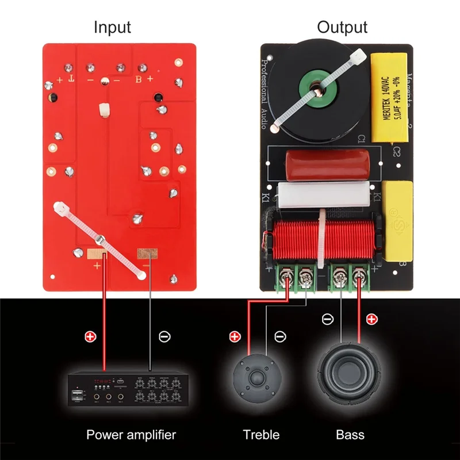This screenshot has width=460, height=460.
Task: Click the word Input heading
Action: pos(112,26)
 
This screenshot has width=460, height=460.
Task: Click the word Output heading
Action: pos(342,26)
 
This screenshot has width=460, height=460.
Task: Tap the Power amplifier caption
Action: pos(131,434)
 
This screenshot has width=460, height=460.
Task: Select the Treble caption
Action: pos(260,434)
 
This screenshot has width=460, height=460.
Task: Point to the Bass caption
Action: pos(350,434)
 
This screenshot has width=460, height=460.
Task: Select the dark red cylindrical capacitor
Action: pos(323,164)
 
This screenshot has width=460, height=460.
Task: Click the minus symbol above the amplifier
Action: pos(163,336)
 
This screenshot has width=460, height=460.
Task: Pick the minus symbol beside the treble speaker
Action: pos(279,336)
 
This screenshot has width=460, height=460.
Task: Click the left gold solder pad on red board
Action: pos(97,254)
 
